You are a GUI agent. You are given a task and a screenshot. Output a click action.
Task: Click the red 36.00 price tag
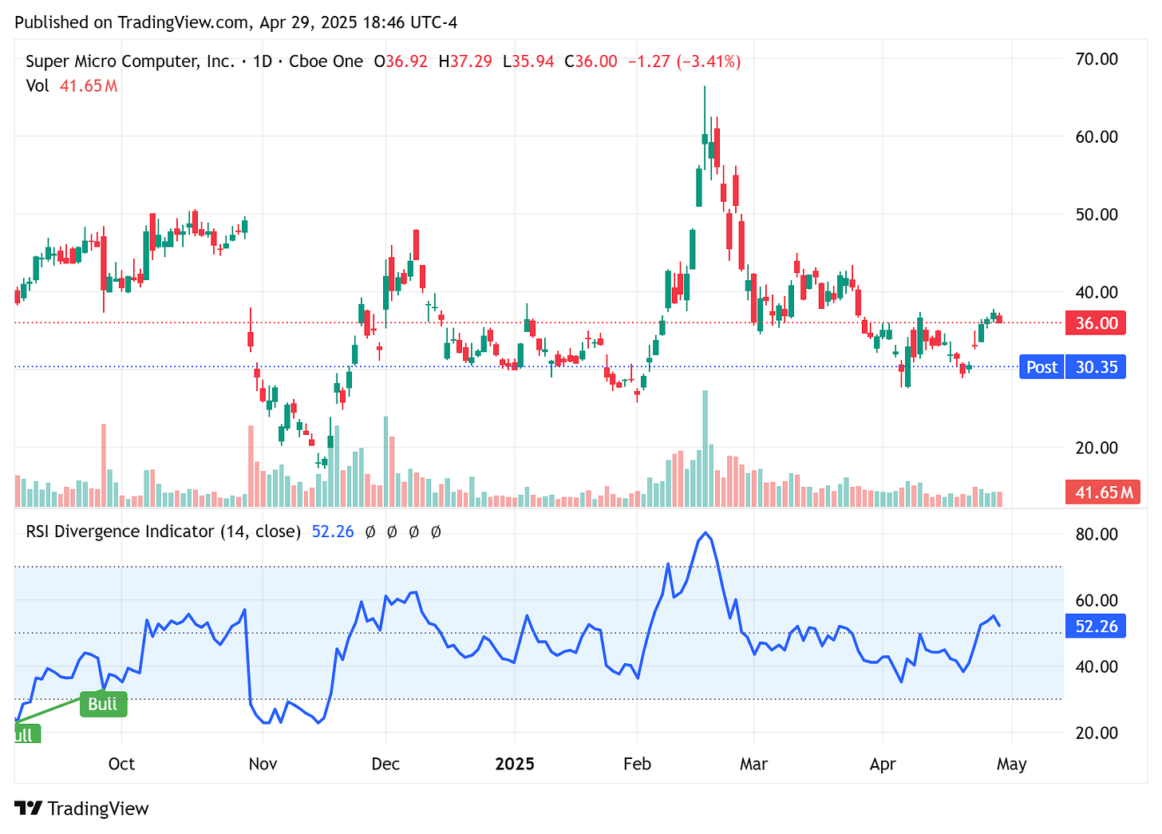[1097, 323]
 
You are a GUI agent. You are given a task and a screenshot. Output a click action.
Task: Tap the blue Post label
[1041, 367]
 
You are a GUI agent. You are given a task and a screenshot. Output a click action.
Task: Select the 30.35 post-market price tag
[1097, 367]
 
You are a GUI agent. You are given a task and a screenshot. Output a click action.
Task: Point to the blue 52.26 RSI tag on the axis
[1097, 626]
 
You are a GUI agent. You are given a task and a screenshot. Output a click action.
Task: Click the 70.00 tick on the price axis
[1097, 59]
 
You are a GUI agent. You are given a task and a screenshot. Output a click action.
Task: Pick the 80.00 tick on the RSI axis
[1097, 534]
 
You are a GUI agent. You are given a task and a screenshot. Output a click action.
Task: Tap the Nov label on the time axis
[263, 764]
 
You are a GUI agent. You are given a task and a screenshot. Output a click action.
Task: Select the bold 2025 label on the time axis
[515, 764]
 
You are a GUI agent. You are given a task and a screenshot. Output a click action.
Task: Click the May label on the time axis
[1011, 764]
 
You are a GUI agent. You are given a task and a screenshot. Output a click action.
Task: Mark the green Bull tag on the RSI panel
[103, 704]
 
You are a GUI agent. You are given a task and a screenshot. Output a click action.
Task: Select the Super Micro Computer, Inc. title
[130, 61]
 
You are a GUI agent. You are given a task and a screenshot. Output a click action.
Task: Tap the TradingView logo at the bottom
[82, 808]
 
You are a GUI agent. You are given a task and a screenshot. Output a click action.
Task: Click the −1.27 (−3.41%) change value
[684, 61]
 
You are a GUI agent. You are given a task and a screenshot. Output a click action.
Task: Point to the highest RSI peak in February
[705, 533]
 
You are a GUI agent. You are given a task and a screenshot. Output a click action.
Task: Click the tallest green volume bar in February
[705, 447]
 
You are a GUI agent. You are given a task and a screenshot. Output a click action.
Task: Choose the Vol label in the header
[37, 85]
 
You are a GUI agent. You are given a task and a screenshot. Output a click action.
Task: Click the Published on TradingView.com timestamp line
[235, 22]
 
